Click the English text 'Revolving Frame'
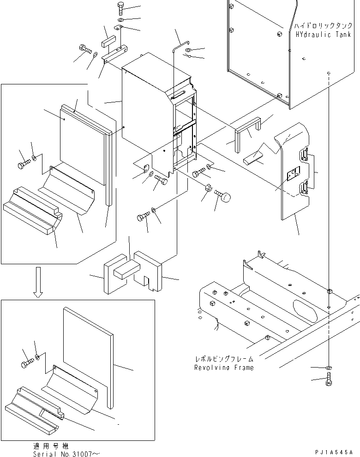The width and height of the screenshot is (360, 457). coord(224,368)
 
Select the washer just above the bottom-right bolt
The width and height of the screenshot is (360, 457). coord(327,368)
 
